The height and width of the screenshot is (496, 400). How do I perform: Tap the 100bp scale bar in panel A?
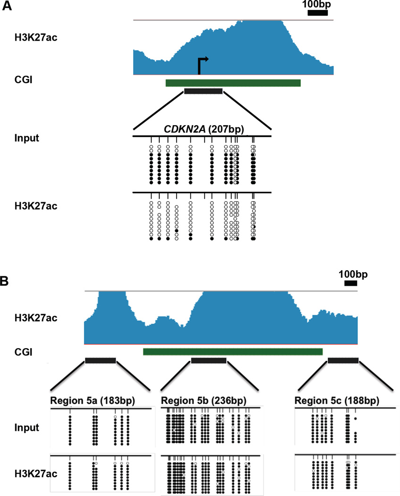pyautogui.click(x=317, y=12)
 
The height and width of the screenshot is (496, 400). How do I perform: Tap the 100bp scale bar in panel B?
pyautogui.click(x=350, y=283)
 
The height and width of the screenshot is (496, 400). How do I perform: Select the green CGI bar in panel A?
pyautogui.click(x=233, y=83)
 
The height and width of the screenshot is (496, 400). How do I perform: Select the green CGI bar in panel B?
pyautogui.click(x=232, y=351)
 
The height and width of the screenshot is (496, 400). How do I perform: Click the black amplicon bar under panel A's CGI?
pyautogui.click(x=203, y=91)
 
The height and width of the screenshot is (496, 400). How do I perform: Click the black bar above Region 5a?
pyautogui.click(x=100, y=360)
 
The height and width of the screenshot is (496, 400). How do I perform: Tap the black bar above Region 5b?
pyautogui.click(x=209, y=360)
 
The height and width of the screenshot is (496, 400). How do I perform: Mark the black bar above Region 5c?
pyautogui.click(x=343, y=360)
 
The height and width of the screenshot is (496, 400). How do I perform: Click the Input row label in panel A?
pyautogui.click(x=26, y=139)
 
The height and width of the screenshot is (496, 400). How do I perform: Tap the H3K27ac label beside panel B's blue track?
pyautogui.click(x=35, y=318)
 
